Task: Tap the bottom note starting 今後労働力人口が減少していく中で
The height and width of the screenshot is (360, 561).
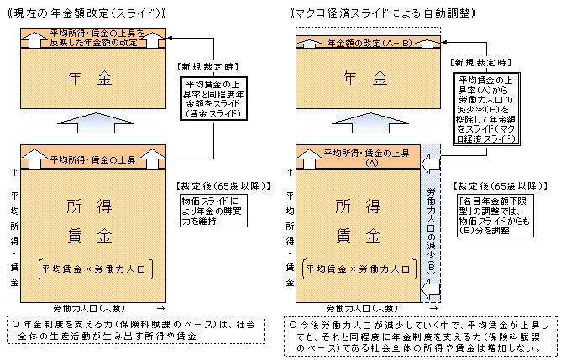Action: click(415, 335)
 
